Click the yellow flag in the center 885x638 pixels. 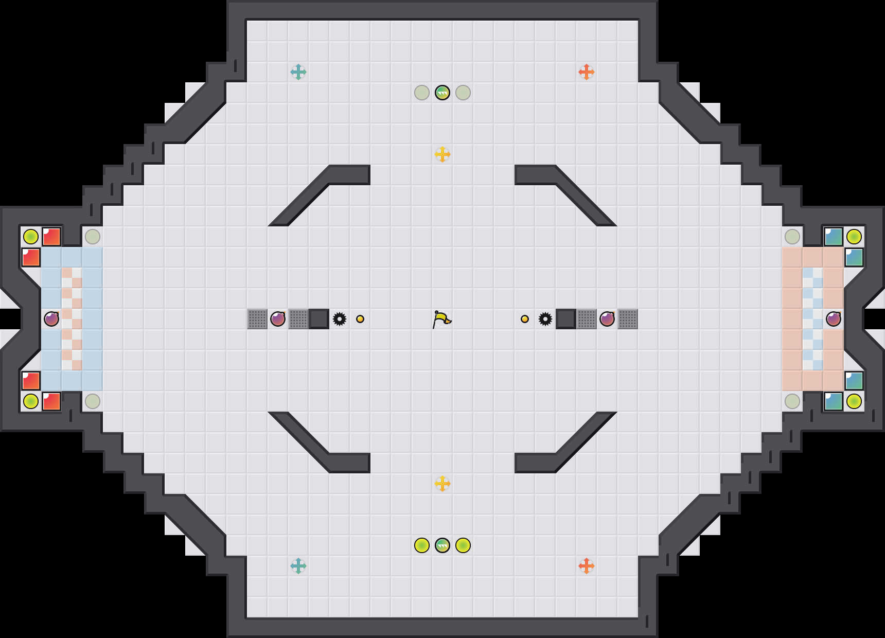tap(441, 320)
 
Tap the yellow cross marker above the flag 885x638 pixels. tap(442, 154)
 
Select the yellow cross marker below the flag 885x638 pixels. tap(442, 484)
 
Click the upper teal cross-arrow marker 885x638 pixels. tap(298, 72)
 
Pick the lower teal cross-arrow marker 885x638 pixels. tap(298, 566)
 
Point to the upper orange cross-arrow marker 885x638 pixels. tap(587, 72)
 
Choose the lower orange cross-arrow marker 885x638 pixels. tap(587, 566)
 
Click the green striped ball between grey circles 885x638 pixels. tap(442, 93)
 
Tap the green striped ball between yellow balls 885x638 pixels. tap(442, 545)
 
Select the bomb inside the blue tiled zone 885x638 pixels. tap(51, 319)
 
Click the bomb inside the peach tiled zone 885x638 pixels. tap(834, 319)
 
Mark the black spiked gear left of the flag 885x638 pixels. tap(340, 319)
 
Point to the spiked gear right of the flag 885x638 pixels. tap(545, 319)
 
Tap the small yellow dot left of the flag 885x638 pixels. tap(360, 319)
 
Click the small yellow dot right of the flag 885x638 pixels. tap(525, 319)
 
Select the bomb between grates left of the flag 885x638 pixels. tap(278, 319)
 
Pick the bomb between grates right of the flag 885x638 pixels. tap(607, 319)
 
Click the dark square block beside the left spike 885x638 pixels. tap(319, 319)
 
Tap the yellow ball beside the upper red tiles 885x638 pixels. tap(31, 237)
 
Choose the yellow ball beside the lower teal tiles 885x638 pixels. tap(854, 401)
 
